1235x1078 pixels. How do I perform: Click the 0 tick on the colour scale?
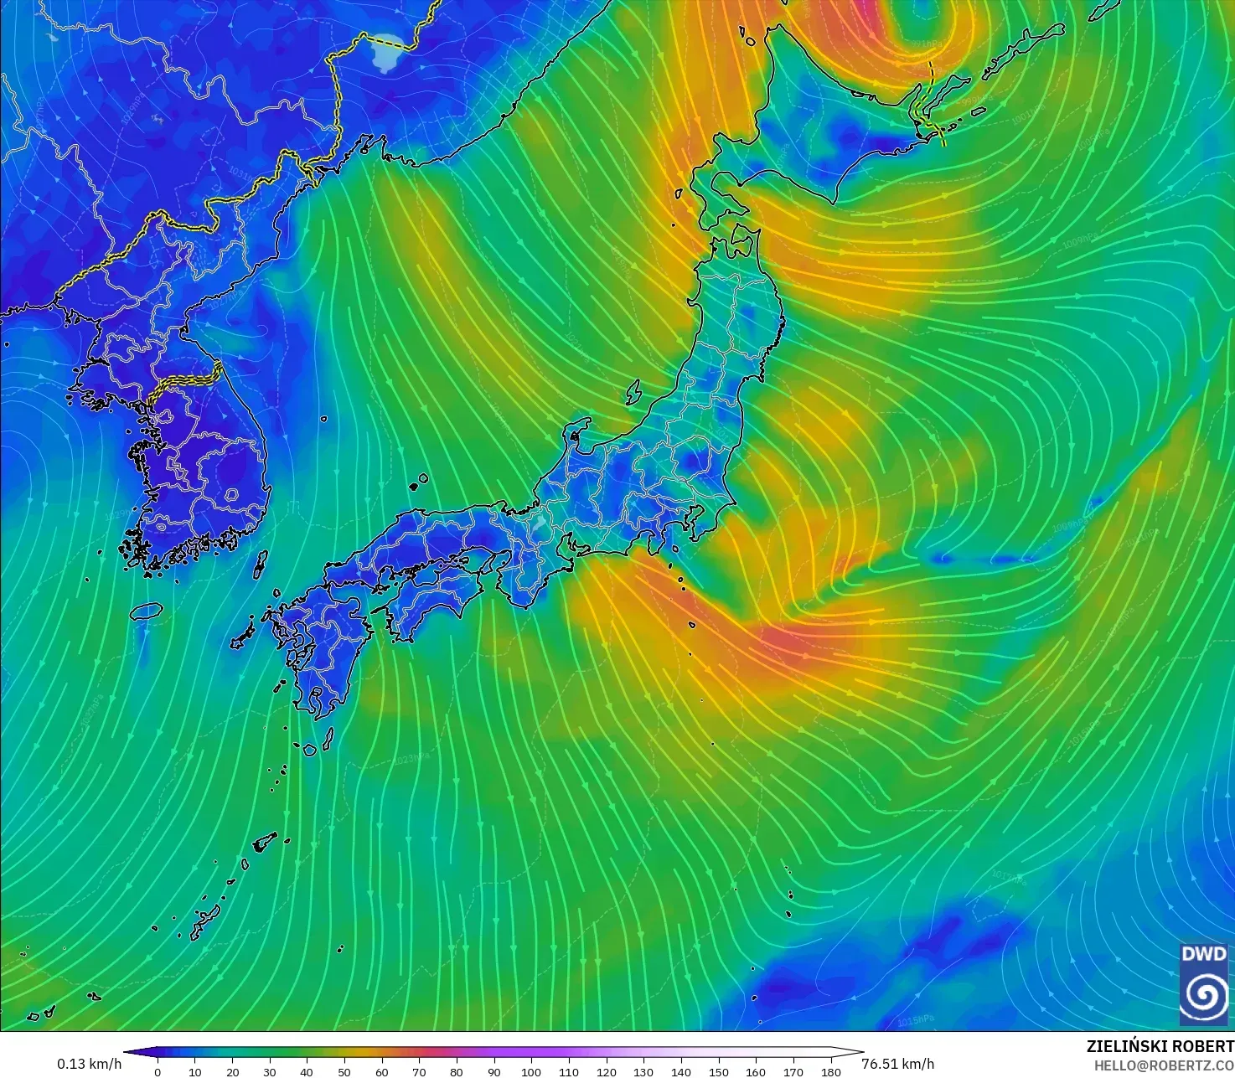click(x=158, y=1071)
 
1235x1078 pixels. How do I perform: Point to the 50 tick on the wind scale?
click(x=344, y=1071)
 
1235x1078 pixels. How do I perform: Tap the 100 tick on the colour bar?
click(x=531, y=1071)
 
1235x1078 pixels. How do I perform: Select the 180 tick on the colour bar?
click(x=830, y=1071)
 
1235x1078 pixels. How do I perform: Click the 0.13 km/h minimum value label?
click(x=89, y=1064)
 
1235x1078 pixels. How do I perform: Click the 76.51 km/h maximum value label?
click(x=897, y=1064)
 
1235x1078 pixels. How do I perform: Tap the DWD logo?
click(x=1204, y=983)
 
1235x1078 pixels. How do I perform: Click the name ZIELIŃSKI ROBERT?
click(x=1160, y=1046)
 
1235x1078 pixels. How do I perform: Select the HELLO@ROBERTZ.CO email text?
click(x=1164, y=1064)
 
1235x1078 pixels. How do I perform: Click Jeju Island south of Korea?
click(x=147, y=611)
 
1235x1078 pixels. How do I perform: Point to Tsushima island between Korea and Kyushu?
click(x=261, y=564)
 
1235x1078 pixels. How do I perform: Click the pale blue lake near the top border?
click(x=387, y=54)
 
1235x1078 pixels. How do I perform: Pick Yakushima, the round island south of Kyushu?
click(x=309, y=749)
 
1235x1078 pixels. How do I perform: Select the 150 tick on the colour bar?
click(x=718, y=1071)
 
